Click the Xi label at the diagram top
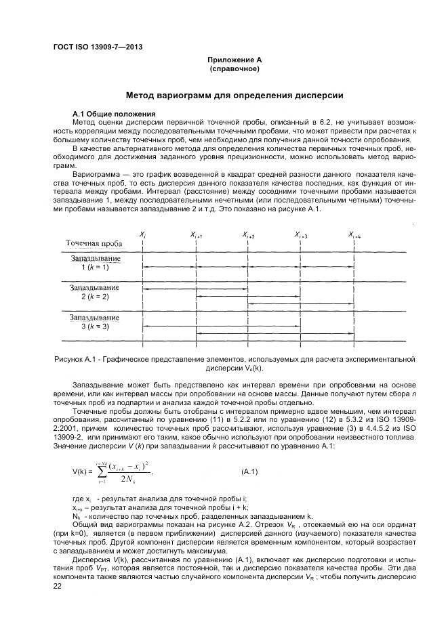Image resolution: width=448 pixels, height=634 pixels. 142,234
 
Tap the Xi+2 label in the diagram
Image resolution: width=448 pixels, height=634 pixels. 249,234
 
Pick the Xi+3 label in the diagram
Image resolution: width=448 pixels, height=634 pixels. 302,234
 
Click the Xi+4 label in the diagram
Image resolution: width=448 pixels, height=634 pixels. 354,234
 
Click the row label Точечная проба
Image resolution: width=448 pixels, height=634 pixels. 93,243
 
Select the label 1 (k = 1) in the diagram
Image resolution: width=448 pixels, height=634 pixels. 95,268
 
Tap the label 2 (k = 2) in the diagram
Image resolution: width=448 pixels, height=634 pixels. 95,297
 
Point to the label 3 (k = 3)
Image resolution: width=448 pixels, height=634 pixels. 95,326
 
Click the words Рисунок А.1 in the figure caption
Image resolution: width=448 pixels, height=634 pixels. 76,359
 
